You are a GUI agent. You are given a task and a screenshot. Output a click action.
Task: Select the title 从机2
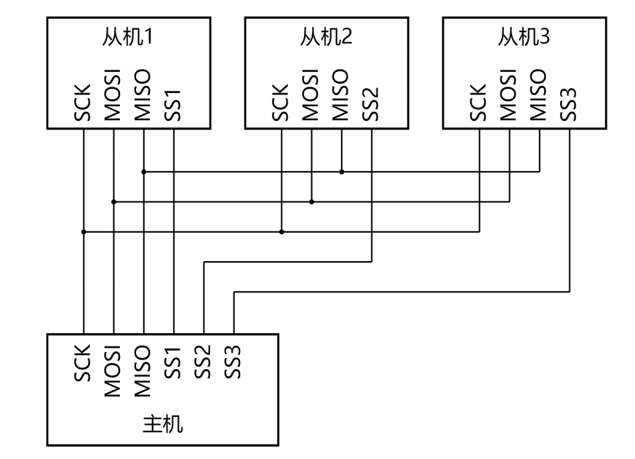click(325, 39)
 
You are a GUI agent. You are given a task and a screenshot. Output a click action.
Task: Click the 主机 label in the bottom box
click(162, 424)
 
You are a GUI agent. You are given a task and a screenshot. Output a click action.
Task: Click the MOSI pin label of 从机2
click(311, 95)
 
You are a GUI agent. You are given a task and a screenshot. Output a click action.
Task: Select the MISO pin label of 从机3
click(539, 95)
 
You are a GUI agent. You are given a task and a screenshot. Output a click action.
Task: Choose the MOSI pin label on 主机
click(113, 370)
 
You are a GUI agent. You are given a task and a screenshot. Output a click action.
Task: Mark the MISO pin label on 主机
click(144, 370)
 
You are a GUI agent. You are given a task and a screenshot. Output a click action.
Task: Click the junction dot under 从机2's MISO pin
click(342, 172)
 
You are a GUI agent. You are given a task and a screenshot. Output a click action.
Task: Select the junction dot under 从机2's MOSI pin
click(311, 201)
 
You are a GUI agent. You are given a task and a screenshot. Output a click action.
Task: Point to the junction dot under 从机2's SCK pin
click(281, 232)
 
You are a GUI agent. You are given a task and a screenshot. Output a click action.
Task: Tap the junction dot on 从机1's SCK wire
click(84, 232)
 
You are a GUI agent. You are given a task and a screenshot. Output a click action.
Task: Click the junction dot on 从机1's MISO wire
click(144, 172)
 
